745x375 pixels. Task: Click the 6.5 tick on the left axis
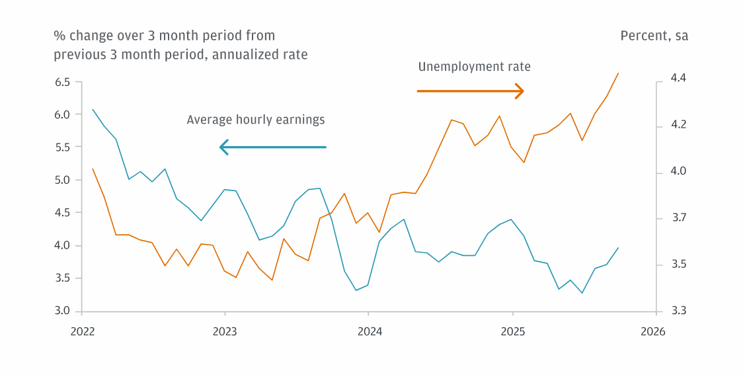[62, 82]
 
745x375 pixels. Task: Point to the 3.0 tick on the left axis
[62, 311]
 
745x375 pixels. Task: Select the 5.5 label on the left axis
[62, 147]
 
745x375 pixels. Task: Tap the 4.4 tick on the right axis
[678, 78]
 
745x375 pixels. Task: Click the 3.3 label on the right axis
[678, 311]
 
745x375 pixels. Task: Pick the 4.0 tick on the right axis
[678, 171]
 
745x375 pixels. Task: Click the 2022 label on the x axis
[82, 332]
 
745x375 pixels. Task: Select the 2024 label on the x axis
[369, 332]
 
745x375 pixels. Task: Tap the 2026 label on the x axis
[653, 332]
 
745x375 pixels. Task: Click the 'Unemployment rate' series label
[474, 67]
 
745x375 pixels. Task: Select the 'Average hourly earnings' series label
[256, 120]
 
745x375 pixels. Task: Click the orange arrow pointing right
[470, 91]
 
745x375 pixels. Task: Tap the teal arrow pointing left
[273, 147]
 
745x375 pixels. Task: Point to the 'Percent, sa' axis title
[654, 36]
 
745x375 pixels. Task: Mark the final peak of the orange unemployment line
[618, 73]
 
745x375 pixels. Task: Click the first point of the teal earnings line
[93, 110]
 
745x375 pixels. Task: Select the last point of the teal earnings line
[618, 248]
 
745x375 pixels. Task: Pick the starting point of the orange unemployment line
[93, 169]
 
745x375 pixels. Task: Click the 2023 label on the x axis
[225, 332]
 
